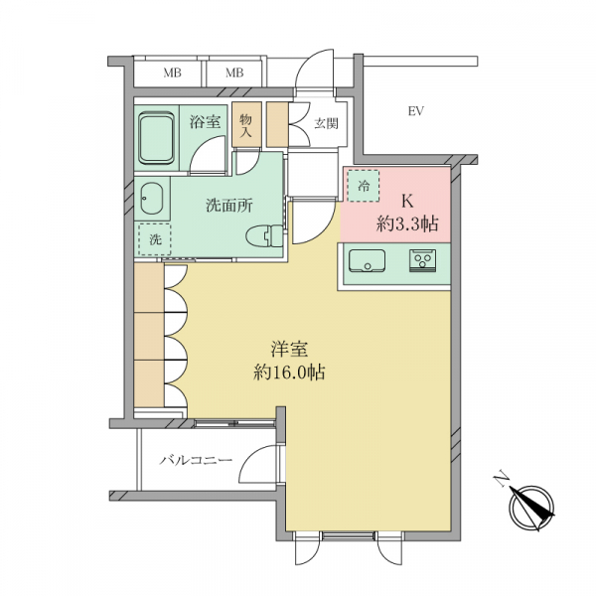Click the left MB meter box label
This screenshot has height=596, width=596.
pos(172,73)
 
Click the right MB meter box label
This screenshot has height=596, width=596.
pos(234,73)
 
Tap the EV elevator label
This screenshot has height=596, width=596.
pos(416,111)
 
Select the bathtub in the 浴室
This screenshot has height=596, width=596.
pos(156,138)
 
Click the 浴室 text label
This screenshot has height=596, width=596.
pos(206,121)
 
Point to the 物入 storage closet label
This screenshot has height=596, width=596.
pos(246,125)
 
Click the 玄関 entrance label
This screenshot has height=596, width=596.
pos(326,123)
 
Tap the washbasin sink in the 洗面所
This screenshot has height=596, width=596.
pos(151,199)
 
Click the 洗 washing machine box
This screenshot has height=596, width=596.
pos(155,239)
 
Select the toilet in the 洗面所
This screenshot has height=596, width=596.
pos(264,236)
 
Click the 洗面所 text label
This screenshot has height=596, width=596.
pos(229,206)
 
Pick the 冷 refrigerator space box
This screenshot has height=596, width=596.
pos(364,186)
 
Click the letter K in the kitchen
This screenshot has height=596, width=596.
pos(407,201)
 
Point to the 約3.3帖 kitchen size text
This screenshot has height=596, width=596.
pos(407,223)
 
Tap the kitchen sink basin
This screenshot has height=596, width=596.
pos(367,260)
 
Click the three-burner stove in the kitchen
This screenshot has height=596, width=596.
pos(423,260)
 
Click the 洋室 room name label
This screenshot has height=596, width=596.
pos(289,349)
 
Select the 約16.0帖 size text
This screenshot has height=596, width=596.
pos(289,372)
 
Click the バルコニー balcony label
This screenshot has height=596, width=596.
pos(196,461)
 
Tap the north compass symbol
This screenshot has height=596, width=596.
pos(531,508)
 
